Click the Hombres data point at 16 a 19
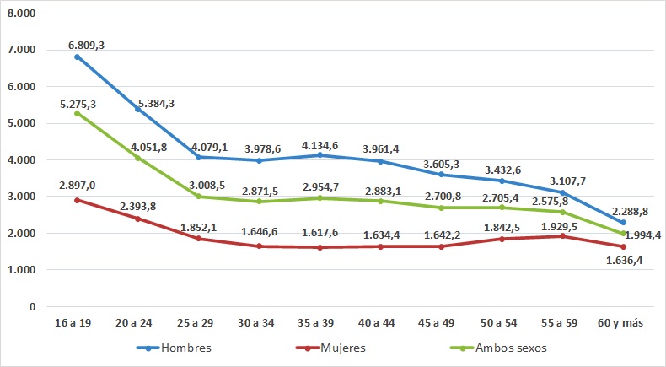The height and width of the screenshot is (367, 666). pyautogui.click(x=77, y=57)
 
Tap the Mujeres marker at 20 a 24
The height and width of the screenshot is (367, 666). pyautogui.click(x=137, y=219)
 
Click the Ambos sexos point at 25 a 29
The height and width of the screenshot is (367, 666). pyautogui.click(x=198, y=197)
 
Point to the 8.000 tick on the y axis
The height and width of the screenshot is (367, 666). pyautogui.click(x=25, y=13)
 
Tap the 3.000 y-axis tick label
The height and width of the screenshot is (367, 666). pyautogui.click(x=25, y=197)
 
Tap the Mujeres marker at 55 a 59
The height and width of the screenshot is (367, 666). pyautogui.click(x=562, y=236)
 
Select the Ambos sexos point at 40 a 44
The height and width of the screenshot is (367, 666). pyautogui.click(x=380, y=201)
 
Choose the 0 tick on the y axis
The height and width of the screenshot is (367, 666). pyautogui.click(x=31, y=306)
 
